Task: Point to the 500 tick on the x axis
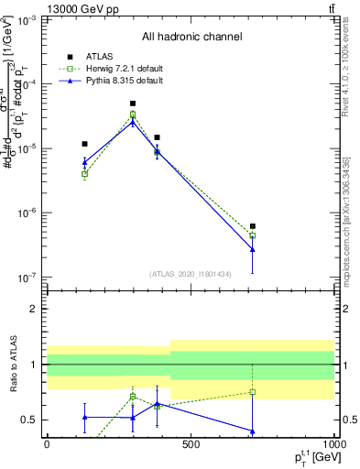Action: point(191,444)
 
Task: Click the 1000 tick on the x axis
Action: point(332,444)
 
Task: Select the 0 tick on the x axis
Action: point(47,444)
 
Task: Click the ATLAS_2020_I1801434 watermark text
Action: point(191,274)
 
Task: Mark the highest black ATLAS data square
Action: point(133,104)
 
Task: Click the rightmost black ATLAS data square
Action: point(253,225)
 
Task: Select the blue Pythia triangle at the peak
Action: point(133,121)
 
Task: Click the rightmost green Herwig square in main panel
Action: point(253,235)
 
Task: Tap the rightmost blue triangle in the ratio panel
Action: point(253,431)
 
